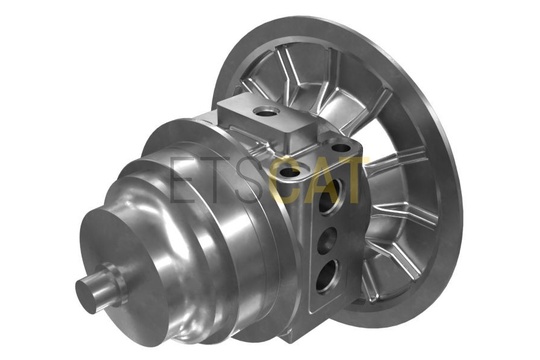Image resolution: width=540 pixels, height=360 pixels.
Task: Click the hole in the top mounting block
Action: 266,111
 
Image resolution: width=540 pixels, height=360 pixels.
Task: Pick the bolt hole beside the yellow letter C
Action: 290,172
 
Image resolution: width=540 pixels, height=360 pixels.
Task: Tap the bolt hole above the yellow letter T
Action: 341,149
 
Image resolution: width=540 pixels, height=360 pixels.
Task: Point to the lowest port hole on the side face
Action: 326,276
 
